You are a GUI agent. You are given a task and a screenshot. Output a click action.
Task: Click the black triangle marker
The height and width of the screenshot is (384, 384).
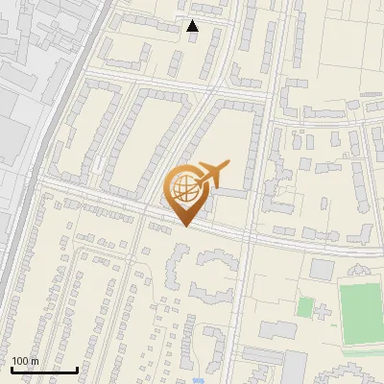coord(192,26)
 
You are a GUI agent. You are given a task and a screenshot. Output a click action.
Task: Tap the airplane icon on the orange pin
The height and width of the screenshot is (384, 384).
coord(208,176)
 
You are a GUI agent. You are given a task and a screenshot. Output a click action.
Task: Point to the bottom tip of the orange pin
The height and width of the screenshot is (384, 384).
coord(185,226)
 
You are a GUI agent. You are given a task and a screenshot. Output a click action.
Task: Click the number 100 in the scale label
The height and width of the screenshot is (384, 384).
coord(20,361)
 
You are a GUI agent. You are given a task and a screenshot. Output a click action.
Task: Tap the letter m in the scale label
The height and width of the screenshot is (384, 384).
coord(35,361)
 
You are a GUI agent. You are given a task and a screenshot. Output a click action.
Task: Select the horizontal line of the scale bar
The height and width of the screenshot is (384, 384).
coord(43,370)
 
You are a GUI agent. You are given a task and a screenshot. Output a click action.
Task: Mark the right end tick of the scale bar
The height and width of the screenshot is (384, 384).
coord(77,368)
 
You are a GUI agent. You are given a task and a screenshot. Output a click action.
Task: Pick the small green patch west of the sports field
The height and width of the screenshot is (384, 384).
coord(305,307)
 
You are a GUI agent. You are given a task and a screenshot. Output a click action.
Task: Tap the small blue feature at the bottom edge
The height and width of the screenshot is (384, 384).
coord(198,380)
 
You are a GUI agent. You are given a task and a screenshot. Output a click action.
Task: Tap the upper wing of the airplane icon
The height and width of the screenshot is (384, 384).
coord(213,165)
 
